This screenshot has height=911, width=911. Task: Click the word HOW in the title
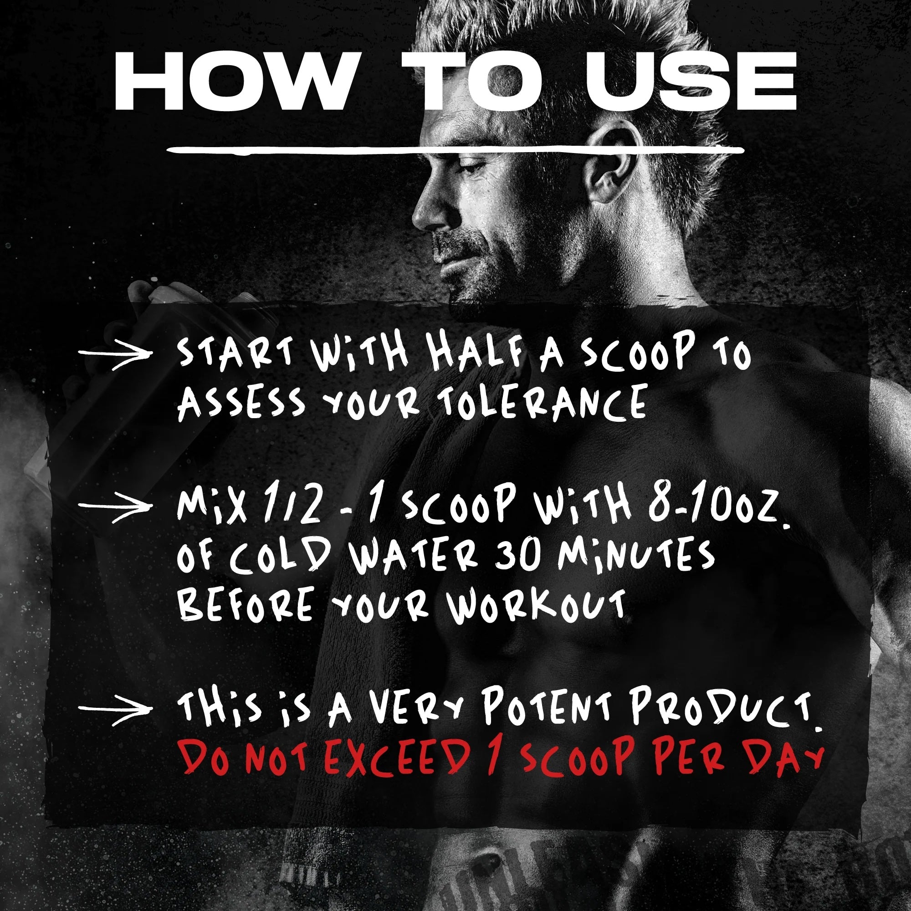234,81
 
